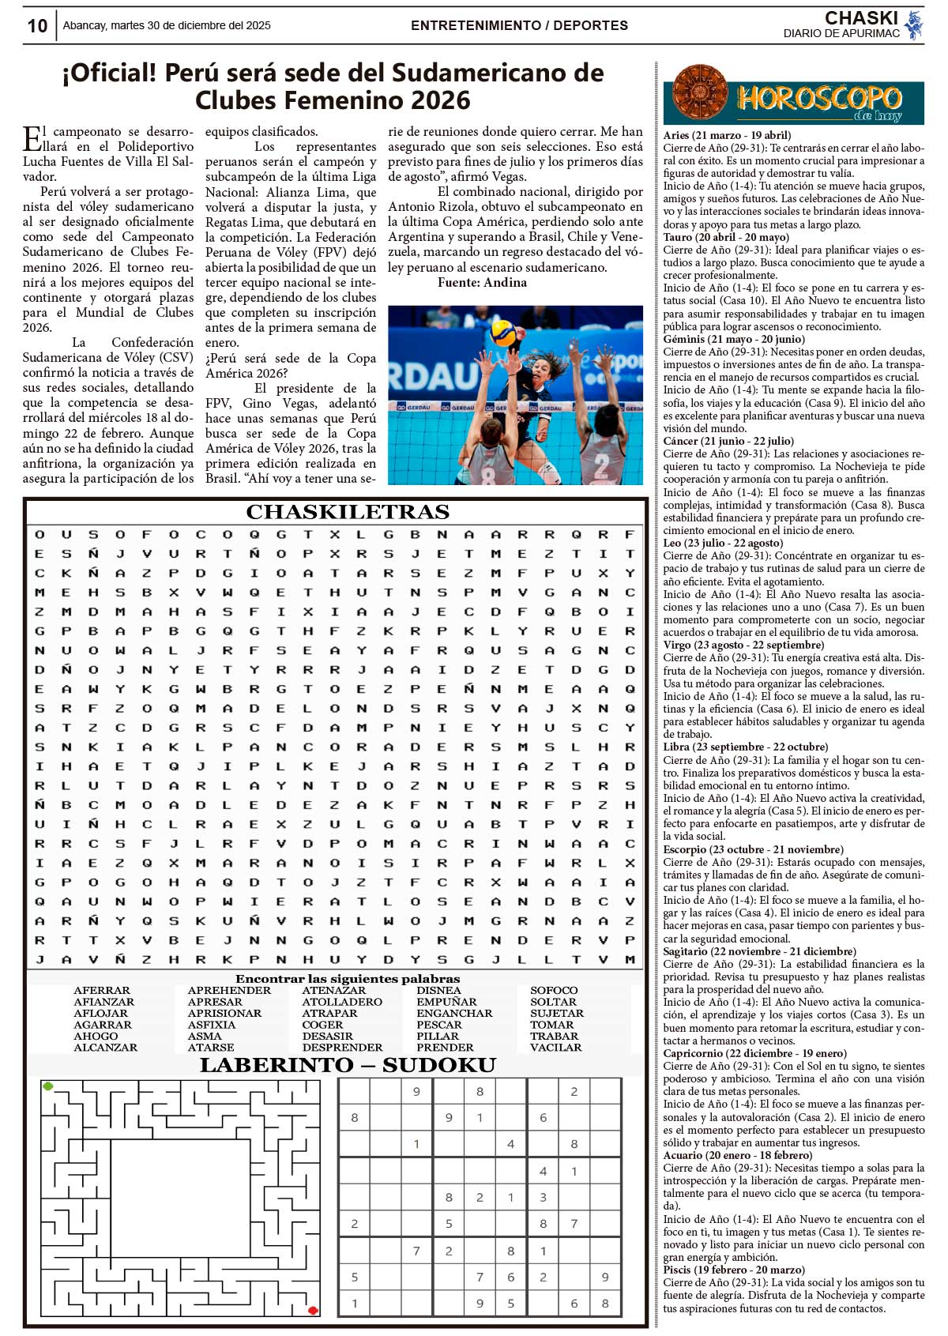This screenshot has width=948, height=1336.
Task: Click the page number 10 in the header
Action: [x=37, y=26]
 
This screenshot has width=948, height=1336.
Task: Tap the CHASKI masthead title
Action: [x=860, y=17]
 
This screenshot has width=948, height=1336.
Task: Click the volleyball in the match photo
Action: [x=503, y=332]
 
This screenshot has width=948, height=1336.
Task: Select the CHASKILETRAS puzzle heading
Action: [x=348, y=512]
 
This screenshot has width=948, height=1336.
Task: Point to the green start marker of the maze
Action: [x=48, y=1086]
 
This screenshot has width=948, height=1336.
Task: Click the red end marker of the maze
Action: [x=313, y=1310]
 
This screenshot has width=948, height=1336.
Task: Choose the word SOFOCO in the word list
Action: [x=554, y=990]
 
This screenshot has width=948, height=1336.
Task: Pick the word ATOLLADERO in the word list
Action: [x=341, y=1002]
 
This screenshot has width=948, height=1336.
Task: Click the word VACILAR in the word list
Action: [x=555, y=1048]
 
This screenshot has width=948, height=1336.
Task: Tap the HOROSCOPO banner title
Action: [x=818, y=99]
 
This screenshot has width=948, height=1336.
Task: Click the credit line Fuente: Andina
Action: [x=482, y=282]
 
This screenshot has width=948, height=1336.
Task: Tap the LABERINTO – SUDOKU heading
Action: [x=348, y=1065]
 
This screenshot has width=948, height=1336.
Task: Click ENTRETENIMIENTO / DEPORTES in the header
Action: [x=519, y=25]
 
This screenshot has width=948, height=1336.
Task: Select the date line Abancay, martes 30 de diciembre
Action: [x=167, y=25]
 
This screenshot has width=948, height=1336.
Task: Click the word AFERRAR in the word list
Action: [x=102, y=990]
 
